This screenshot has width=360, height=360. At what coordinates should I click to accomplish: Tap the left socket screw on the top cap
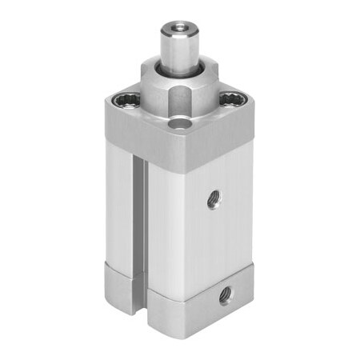point(126,101)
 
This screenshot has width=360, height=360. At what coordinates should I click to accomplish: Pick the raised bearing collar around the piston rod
point(180,88)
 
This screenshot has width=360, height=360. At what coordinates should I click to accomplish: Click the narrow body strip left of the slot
point(119,216)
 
